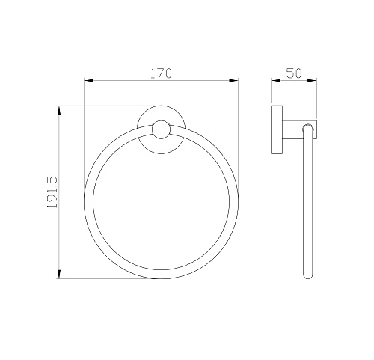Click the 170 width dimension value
tap(161, 73)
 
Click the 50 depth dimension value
tap(294, 73)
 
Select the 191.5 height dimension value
tap(52, 192)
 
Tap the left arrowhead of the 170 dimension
tap(88, 80)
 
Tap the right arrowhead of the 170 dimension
tap(233, 80)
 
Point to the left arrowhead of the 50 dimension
tap(276, 80)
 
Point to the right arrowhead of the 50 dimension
tap(312, 80)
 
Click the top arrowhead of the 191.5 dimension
tap(59, 111)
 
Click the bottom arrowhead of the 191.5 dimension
tap(59, 274)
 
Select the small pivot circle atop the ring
tap(161, 129)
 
